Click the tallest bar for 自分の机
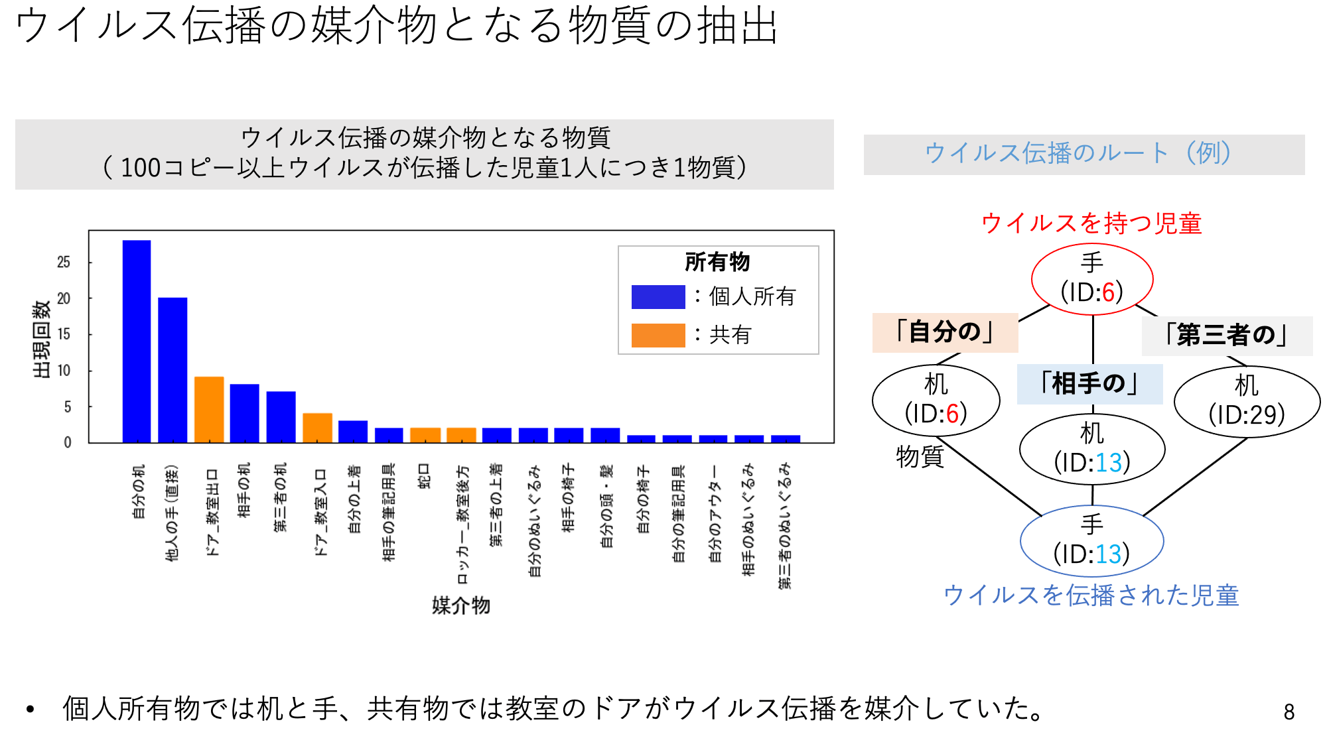tap(137, 341)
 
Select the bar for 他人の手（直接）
tap(173, 370)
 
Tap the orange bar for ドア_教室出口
tap(209, 409)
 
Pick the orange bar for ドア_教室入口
tap(317, 428)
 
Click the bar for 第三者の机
tap(281, 416)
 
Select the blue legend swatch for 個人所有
tap(658, 296)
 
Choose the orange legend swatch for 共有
tap(658, 335)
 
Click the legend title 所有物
tap(717, 262)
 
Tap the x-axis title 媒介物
tap(460, 605)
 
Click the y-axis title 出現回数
tap(41, 339)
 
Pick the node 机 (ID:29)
tap(1247, 401)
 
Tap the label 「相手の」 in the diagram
tap(1089, 384)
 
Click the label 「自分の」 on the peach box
tap(945, 332)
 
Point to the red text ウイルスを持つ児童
tap(1091, 223)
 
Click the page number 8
tap(1289, 712)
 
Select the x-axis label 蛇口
tap(425, 476)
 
